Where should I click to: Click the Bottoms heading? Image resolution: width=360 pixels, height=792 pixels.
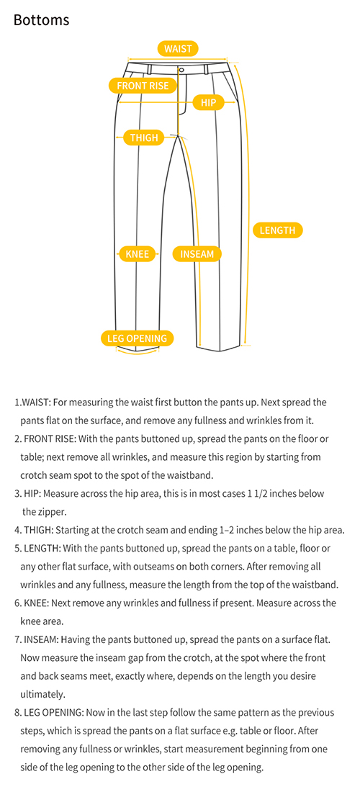[42, 20]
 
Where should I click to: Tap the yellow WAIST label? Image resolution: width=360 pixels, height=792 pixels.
[179, 48]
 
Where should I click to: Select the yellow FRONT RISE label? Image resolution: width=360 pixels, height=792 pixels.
[143, 86]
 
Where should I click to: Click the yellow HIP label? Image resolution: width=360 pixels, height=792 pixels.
[209, 103]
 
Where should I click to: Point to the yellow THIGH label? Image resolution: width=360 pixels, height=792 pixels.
[144, 138]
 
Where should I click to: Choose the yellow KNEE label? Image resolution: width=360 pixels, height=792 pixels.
[137, 253]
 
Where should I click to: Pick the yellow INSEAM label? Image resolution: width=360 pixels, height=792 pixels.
[197, 254]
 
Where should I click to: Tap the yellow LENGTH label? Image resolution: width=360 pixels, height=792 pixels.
[277, 230]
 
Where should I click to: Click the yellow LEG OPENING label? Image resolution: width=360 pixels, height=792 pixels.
[137, 338]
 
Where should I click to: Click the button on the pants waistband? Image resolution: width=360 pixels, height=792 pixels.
[181, 69]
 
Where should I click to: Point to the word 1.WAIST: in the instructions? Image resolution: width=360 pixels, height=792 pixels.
[32, 402]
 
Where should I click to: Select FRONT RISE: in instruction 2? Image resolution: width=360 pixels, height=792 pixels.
[50, 439]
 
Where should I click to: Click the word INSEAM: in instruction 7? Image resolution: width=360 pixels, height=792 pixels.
[42, 640]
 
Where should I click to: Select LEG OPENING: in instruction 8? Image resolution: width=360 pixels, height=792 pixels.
[54, 713]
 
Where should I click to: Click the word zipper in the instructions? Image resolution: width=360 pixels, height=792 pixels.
[52, 512]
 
